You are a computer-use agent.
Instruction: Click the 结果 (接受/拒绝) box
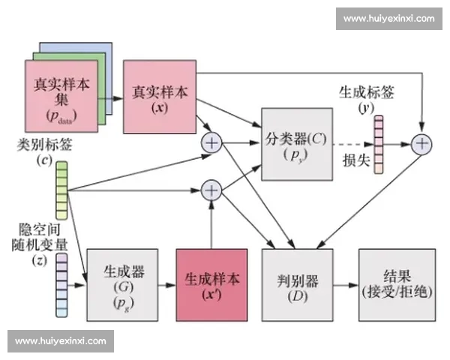click(395, 285)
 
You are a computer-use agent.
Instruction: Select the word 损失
click(355, 160)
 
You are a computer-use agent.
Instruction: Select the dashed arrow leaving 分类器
click(349, 143)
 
